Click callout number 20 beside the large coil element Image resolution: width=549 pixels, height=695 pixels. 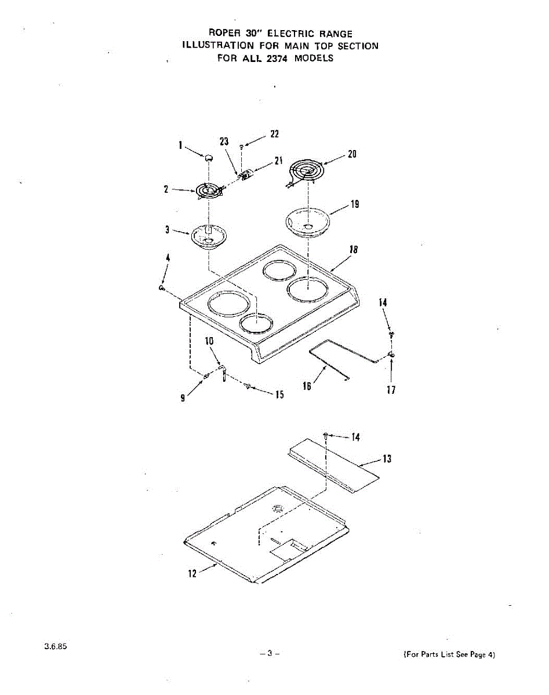352,154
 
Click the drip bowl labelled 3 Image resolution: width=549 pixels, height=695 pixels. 208,236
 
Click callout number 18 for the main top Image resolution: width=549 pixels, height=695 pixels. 352,250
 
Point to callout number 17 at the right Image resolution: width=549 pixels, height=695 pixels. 391,390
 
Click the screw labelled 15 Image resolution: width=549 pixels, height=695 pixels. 248,386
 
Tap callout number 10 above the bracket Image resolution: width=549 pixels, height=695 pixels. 209,341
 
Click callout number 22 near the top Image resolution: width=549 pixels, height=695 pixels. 275,134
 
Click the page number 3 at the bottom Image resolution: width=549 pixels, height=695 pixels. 270,653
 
